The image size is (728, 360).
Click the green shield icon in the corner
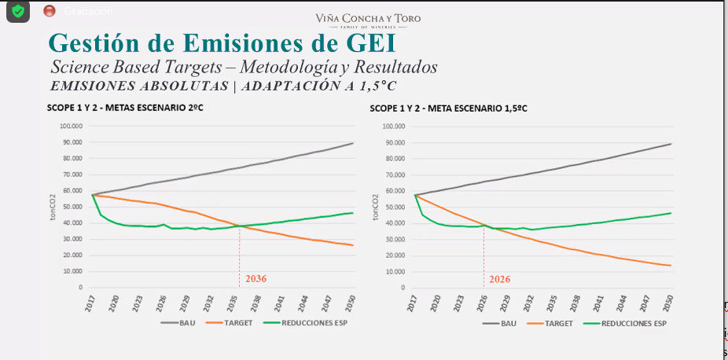[x=17, y=10]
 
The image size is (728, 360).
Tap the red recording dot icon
[x=50, y=10]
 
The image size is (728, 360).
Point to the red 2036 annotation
[x=256, y=279]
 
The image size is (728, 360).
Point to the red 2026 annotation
[x=500, y=279]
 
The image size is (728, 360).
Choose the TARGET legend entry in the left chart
[x=233, y=323]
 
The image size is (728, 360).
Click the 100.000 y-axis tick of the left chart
[x=70, y=126]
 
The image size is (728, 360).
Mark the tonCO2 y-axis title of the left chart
[x=54, y=206]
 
